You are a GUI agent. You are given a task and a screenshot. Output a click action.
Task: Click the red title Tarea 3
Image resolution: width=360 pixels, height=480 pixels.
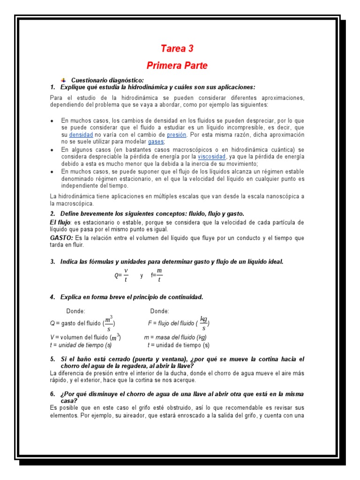pyautogui.click(x=177, y=49)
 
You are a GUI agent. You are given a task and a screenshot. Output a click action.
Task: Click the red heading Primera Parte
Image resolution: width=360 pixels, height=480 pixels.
pyautogui.click(x=177, y=66)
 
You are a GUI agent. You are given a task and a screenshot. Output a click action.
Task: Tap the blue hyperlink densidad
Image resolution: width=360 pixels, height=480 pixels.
pyautogui.click(x=81, y=135)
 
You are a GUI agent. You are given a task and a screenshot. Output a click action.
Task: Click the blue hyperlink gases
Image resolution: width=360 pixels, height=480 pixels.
pyautogui.click(x=156, y=142)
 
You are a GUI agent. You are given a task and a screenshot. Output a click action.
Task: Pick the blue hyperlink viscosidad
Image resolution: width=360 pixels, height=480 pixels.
pyautogui.click(x=211, y=157)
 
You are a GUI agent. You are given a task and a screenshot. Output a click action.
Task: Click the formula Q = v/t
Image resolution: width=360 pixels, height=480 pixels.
pyautogui.click(x=121, y=276)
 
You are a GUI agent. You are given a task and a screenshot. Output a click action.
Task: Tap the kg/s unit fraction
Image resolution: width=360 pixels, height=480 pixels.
pyautogui.click(x=203, y=323)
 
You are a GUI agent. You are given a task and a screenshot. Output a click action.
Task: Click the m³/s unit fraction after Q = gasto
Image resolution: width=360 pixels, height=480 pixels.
pyautogui.click(x=108, y=323)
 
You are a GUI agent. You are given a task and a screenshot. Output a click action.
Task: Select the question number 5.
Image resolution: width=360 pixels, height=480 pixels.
pyautogui.click(x=53, y=359)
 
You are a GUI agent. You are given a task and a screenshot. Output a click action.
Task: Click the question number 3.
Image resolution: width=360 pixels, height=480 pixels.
pyautogui.click(x=53, y=262)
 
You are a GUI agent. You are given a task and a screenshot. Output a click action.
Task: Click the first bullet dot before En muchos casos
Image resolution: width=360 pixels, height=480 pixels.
pyautogui.click(x=52, y=121)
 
